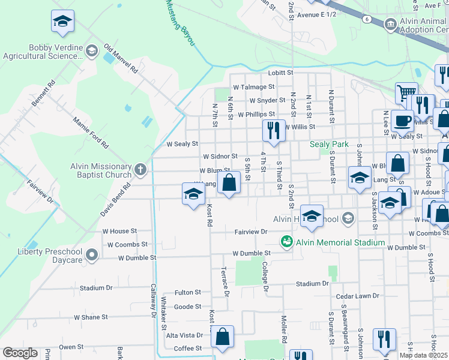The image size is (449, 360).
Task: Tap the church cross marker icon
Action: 140,169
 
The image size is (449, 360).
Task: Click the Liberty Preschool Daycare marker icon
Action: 92,256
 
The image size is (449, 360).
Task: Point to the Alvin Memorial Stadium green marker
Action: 287,242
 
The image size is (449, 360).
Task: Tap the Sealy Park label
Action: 329,145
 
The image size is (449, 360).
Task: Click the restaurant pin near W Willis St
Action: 274,130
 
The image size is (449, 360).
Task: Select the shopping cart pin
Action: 406,92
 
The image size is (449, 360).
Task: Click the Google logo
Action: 20,353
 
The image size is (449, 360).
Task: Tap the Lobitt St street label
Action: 280,73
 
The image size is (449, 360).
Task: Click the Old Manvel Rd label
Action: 121,58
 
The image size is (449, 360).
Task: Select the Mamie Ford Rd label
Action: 90,133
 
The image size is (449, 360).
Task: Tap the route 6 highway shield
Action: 366,19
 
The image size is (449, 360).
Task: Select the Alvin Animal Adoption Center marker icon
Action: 390,25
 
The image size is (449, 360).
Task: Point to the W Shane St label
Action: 91,317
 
